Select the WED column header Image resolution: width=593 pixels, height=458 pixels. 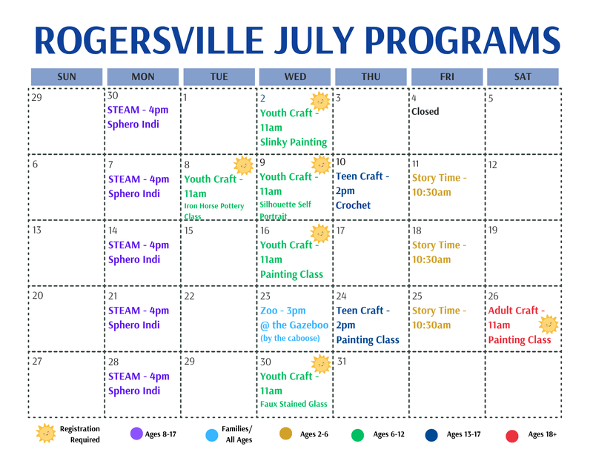tap(295, 76)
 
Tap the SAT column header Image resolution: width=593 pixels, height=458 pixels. tap(523, 76)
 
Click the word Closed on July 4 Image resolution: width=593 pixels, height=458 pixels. tap(425, 112)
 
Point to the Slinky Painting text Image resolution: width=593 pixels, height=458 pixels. tap(293, 142)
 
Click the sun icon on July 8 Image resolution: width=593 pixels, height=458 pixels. tap(242, 165)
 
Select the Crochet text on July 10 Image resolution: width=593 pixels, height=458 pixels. tap(353, 205)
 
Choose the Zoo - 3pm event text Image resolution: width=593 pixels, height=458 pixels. tap(282, 311)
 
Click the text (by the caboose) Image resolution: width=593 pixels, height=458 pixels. tap(290, 339)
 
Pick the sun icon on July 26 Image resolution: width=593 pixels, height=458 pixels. tap(548, 325)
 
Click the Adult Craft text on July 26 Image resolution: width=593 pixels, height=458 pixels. tap(516, 311)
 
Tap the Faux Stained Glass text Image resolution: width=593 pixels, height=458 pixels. tap(294, 404)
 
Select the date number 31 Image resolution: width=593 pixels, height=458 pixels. tap(342, 361)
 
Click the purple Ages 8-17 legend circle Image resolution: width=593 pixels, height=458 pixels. tap(136, 434)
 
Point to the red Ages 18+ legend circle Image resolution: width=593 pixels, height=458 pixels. tap(511, 436)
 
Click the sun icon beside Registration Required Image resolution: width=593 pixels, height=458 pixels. tap(45, 434)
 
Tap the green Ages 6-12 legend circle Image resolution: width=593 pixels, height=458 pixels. tap(357, 435)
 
